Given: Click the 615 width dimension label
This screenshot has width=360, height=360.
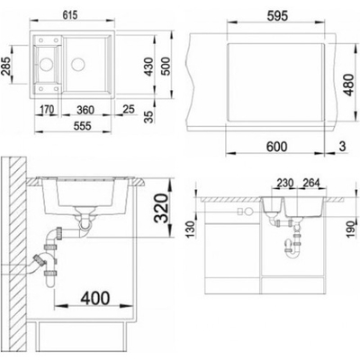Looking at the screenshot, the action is tap(70, 14).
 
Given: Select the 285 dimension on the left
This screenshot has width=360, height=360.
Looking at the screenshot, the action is tap(6, 65).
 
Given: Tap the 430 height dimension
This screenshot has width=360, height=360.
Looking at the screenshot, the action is tap(149, 67).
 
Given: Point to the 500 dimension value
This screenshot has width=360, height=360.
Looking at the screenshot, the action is tap(166, 66).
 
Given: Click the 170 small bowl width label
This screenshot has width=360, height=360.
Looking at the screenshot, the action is tap(47, 110).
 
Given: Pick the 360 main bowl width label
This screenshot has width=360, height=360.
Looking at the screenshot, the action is tap(85, 110).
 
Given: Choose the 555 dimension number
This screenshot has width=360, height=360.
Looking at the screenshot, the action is tap(82, 125).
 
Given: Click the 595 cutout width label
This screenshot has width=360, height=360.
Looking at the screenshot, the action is tap(277, 16).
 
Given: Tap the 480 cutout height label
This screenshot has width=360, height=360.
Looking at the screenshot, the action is tap(348, 85).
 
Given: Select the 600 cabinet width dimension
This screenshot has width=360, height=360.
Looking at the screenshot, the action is tap(276, 147).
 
